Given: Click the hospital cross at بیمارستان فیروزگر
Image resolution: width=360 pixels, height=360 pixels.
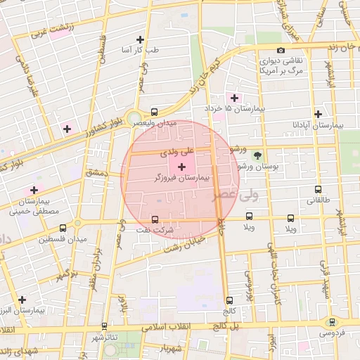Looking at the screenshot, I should [182, 167].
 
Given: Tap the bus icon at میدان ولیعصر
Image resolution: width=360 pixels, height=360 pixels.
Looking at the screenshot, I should [155, 112].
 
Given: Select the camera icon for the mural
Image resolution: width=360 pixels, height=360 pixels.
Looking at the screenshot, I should [281, 50].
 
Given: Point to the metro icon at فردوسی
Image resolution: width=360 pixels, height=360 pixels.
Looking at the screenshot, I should [332, 322].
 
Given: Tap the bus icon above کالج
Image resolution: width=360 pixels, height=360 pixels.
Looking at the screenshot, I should [230, 300].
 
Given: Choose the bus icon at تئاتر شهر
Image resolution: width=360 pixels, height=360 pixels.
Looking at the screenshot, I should [105, 326].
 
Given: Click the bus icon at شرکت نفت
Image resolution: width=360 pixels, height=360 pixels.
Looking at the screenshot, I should [155, 219].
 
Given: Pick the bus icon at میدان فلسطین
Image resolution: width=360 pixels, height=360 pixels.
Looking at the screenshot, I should [63, 228].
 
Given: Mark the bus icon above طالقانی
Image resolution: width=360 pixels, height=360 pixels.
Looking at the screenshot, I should [318, 189].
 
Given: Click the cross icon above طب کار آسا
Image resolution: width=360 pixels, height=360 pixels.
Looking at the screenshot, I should [140, 39].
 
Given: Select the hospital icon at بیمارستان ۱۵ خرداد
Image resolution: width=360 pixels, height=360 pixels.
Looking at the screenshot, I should [233, 98].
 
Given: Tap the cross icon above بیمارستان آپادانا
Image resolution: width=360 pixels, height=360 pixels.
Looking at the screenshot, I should [319, 113].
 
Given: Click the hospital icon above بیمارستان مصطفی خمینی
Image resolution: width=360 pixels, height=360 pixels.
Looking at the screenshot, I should [33, 191].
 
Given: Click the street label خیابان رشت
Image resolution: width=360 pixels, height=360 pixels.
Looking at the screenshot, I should [184, 245].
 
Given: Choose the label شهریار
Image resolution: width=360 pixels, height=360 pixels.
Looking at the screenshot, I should [171, 349].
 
